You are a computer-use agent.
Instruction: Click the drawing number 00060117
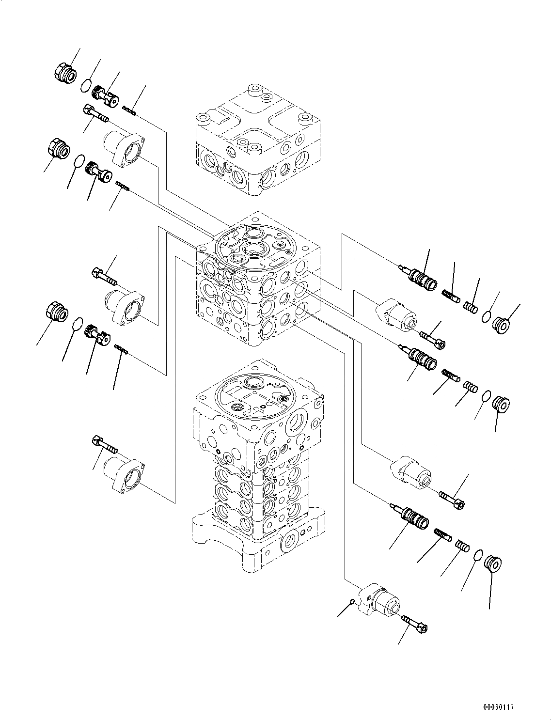pos(497,707)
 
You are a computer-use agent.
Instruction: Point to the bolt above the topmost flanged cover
pos(95,114)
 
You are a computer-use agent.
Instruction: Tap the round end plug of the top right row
pos(500,324)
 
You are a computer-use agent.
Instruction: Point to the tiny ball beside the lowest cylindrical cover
pos(353,602)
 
